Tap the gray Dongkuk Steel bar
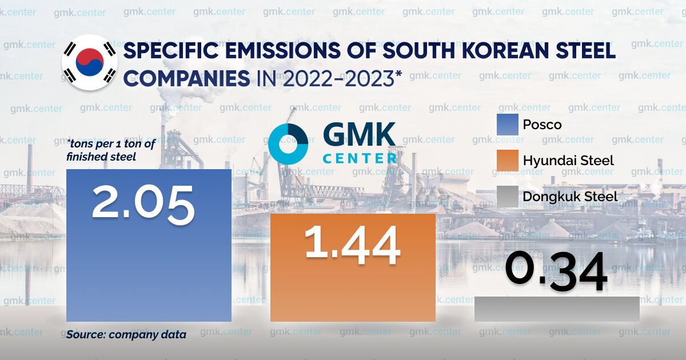[557, 309]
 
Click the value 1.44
[352, 245]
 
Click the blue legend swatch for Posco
[508, 125]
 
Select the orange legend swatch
[508, 161]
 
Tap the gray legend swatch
[508, 197]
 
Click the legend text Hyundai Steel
[568, 161]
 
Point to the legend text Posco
[542, 125]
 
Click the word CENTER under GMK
[360, 157]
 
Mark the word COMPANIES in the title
[186, 79]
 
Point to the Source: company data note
[126, 335]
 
